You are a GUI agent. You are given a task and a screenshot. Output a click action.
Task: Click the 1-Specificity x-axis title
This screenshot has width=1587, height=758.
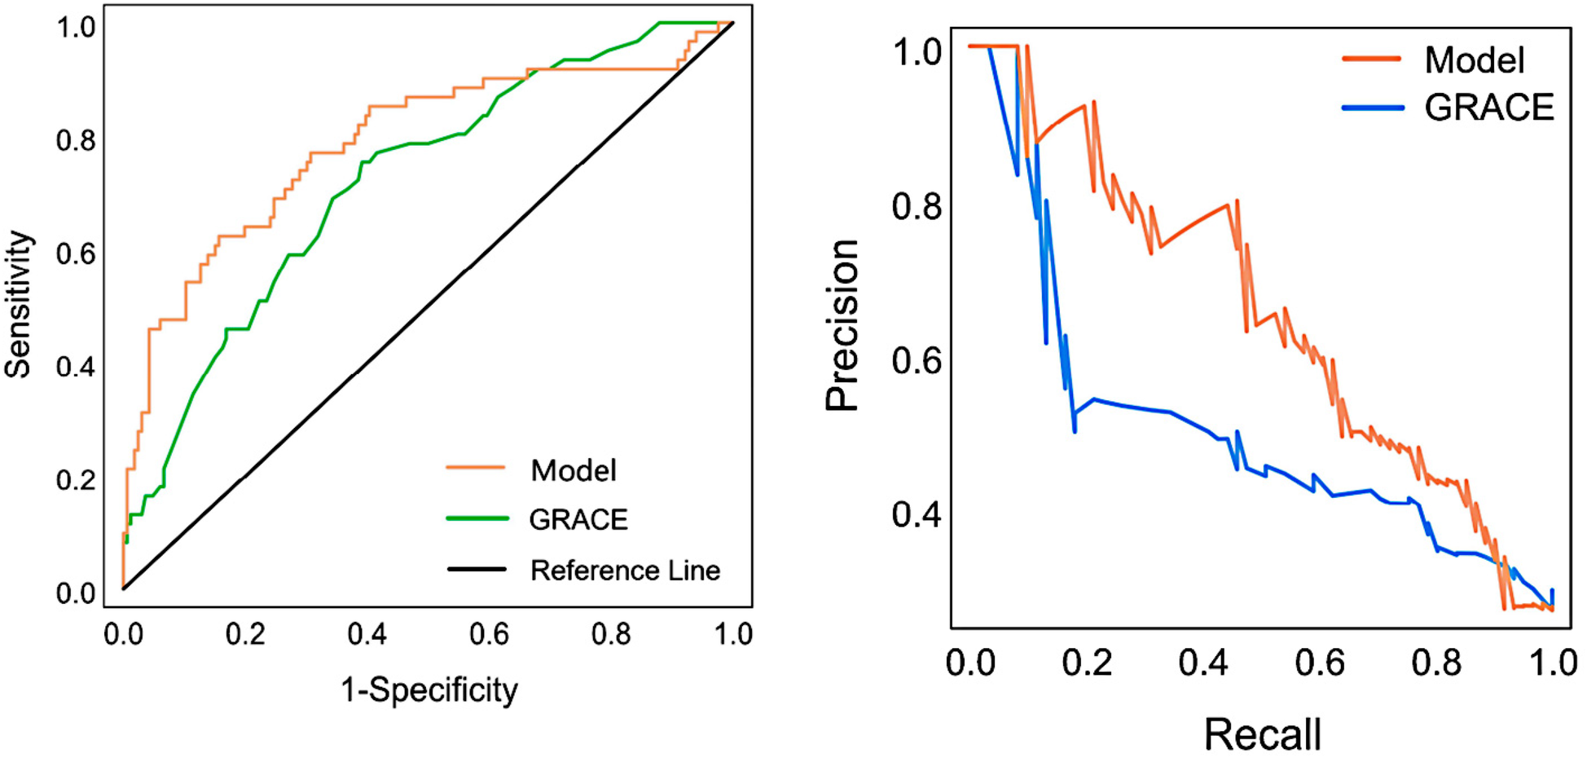tap(429, 690)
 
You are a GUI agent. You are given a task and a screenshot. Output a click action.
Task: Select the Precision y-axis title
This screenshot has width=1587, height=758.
tap(842, 326)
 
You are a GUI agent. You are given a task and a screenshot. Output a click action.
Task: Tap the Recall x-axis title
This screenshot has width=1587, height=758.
tap(1262, 734)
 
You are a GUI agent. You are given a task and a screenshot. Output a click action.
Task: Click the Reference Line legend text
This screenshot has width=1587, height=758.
tap(625, 571)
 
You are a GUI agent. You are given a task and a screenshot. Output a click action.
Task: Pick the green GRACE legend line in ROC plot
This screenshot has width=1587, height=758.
tap(477, 518)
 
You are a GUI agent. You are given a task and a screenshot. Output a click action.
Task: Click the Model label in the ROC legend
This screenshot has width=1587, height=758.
tap(574, 470)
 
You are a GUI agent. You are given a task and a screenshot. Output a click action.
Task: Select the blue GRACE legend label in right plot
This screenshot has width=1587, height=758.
tap(1489, 108)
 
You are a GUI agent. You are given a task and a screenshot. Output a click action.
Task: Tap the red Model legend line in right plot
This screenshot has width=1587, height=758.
tap(1372, 59)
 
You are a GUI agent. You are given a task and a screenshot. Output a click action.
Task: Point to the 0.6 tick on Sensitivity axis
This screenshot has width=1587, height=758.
tap(76, 254)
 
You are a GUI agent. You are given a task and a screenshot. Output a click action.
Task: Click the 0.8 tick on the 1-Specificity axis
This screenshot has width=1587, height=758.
tap(611, 634)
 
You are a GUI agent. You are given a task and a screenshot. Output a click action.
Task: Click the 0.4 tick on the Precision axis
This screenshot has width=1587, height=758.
tap(917, 514)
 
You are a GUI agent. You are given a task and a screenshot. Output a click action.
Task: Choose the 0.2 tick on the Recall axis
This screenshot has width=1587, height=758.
tap(1087, 663)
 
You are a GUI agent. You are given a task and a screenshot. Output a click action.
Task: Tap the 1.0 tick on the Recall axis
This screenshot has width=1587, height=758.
tap(1553, 663)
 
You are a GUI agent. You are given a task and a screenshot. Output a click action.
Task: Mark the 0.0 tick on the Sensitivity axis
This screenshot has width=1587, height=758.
tap(76, 593)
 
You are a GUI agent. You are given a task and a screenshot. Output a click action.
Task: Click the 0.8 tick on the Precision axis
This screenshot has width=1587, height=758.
tap(917, 207)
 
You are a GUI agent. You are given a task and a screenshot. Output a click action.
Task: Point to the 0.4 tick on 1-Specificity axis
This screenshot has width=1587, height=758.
tap(367, 634)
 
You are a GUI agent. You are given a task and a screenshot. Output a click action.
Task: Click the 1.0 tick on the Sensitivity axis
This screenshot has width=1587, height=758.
tap(76, 28)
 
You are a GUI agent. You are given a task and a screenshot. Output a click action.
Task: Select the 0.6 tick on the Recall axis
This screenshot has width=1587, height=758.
tap(1320, 663)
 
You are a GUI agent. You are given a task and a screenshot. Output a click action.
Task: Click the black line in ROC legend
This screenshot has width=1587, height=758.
tap(477, 569)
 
